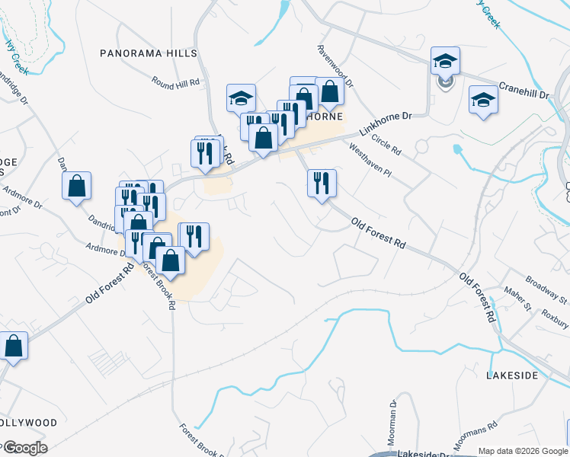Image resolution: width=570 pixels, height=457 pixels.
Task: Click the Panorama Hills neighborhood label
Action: point(149,53)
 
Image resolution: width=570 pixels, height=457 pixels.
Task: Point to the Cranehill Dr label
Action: point(524,91)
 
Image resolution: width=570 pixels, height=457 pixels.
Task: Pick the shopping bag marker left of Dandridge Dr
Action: point(76,186)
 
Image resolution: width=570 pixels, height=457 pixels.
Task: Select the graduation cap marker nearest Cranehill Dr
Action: point(483,100)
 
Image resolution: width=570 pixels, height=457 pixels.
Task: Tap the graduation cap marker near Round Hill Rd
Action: point(241,98)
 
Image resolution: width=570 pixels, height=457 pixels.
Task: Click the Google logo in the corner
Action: point(24,448)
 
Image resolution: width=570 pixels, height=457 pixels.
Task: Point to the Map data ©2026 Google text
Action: point(523,451)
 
